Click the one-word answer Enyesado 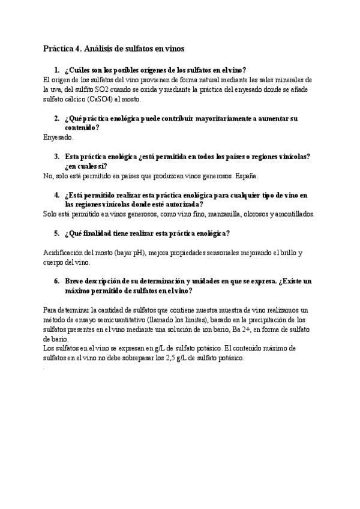[59, 137]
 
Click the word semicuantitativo [104, 319]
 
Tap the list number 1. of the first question [56, 70]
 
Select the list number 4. [56, 195]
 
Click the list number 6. [56, 281]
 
